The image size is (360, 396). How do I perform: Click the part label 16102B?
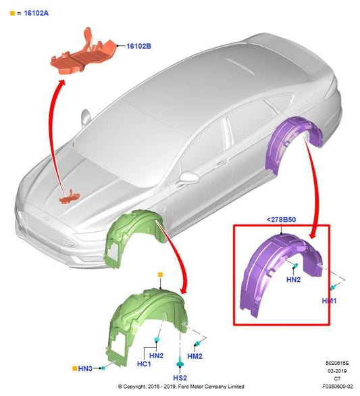point(139,46)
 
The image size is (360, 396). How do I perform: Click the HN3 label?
point(86,368)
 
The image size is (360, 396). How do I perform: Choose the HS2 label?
point(180,377)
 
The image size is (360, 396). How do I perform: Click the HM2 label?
point(195,356)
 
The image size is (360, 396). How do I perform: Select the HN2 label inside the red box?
point(294,280)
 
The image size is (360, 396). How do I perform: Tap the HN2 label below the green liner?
point(157,355)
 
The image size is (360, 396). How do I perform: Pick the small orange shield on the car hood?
point(69,198)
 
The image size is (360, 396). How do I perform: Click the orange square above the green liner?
point(160,274)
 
